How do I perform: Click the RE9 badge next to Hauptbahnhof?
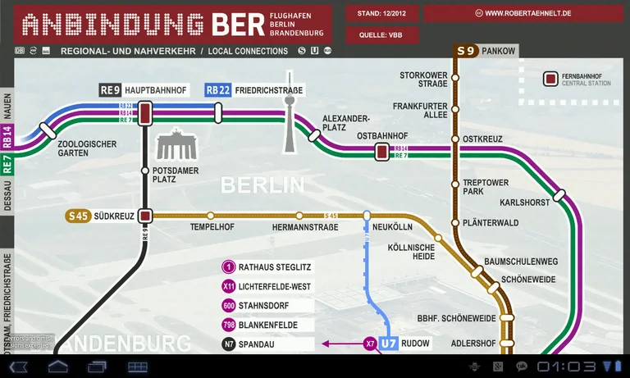pyautogui.click(x=111, y=90)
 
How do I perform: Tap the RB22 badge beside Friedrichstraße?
pyautogui.click(x=217, y=90)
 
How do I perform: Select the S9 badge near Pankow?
pyautogui.click(x=466, y=51)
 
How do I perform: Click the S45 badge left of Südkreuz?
pyautogui.click(x=78, y=216)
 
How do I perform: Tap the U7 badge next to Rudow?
pyautogui.click(x=389, y=344)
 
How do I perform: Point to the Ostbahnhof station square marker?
pyautogui.click(x=381, y=151)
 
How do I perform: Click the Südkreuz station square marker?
pyautogui.click(x=145, y=216)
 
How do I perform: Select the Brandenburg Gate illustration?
pyautogui.click(x=174, y=145)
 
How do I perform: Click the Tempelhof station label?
pyautogui.click(x=212, y=227)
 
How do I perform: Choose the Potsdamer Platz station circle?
pyautogui.click(x=145, y=171)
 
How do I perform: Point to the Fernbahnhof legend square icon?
pyautogui.click(x=551, y=80)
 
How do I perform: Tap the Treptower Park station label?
pyautogui.click(x=486, y=187)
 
